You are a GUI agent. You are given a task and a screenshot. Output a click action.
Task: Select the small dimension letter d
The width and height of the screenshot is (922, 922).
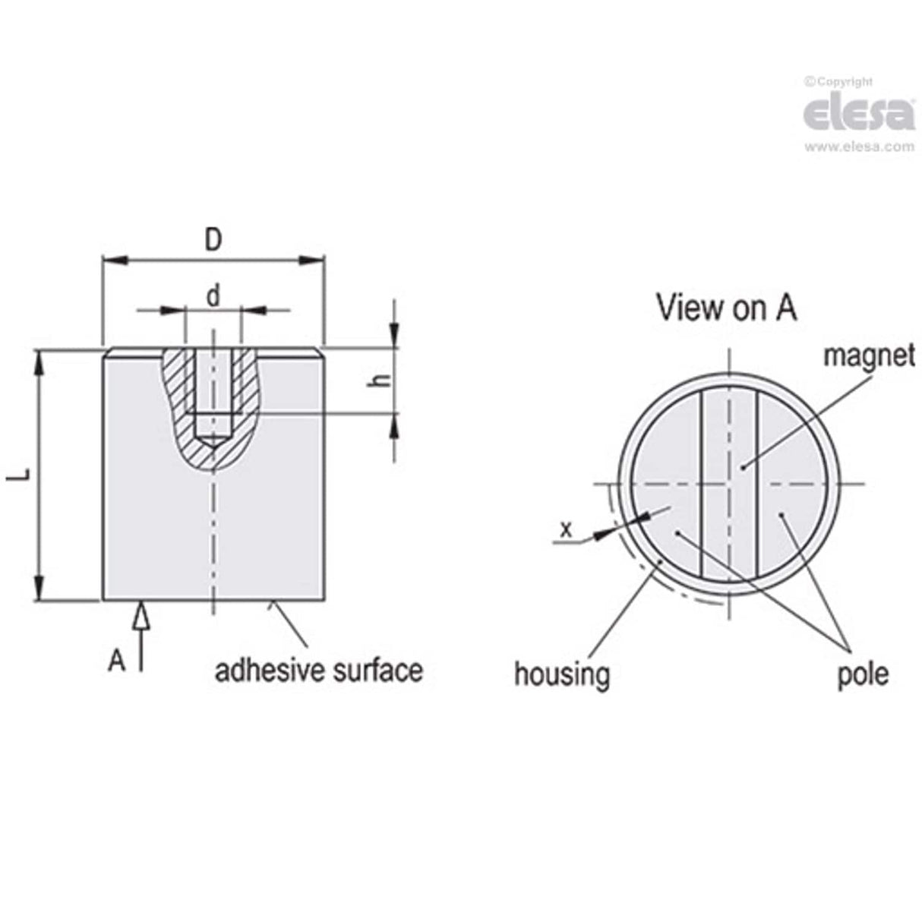[x=213, y=295]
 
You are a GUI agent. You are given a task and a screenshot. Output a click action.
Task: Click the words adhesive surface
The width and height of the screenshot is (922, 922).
[x=318, y=671]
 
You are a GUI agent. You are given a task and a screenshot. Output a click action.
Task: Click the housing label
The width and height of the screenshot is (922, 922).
[x=562, y=674]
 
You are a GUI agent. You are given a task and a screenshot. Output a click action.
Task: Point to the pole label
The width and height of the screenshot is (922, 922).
[x=863, y=674]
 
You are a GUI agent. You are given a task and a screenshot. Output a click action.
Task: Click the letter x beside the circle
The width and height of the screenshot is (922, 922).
[x=565, y=529]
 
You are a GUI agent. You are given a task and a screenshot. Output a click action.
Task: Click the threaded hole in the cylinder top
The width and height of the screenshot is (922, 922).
[x=214, y=387]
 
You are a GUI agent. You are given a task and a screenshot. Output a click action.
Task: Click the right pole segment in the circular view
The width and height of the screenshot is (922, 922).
[x=794, y=486]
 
